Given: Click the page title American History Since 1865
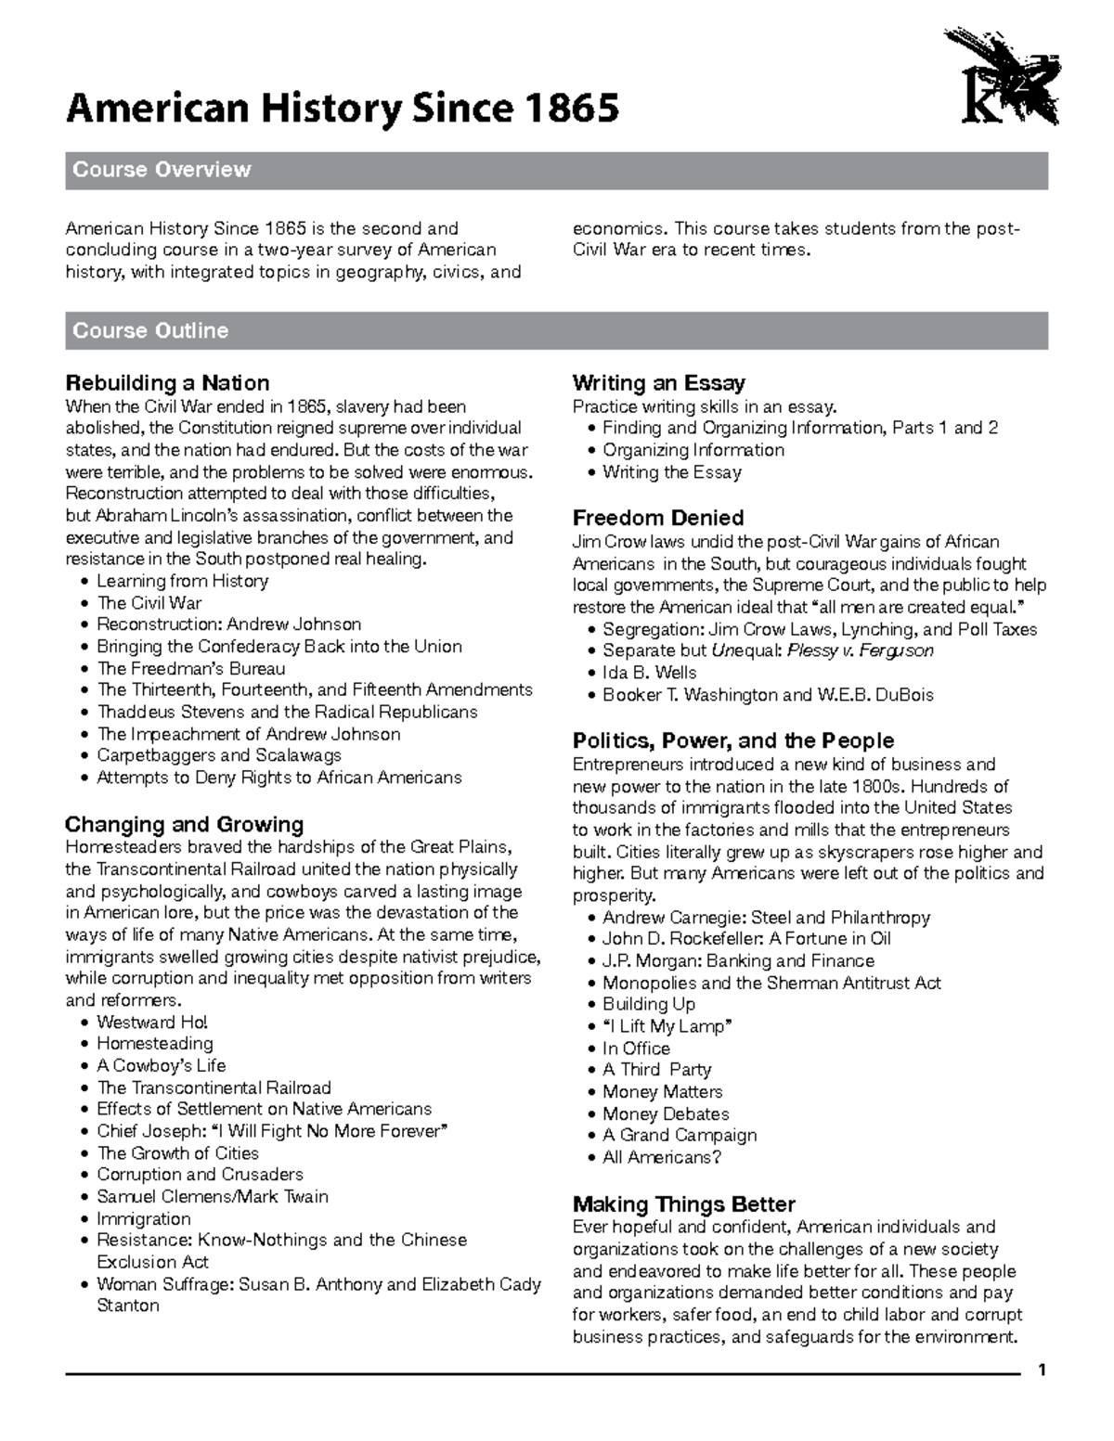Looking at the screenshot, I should pos(342,109).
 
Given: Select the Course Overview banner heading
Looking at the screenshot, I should pos(162,170).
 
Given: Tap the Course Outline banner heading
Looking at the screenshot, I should pos(150,330).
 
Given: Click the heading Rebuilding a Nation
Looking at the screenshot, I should pos(167,383).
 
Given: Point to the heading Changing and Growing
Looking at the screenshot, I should pos(184,825).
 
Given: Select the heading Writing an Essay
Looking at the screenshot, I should pos(658,383).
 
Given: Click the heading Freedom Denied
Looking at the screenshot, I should pos(658,518).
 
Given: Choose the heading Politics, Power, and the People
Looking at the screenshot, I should pos(732,740).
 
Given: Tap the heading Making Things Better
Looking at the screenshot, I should pos(683,1204).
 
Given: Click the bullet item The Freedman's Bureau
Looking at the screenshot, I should pos(191,669).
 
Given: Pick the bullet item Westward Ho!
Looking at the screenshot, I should pos(153,1023).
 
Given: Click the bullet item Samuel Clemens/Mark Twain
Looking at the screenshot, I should pos(213,1197).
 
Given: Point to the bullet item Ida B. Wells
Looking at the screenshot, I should pos(649,673).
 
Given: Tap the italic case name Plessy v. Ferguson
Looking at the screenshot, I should pos(860,650).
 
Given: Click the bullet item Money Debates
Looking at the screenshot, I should pos(666,1113).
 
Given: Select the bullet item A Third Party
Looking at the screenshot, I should pos(656,1070).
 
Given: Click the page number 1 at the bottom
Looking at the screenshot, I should pos(1043,1370).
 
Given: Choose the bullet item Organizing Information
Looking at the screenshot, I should pos(693,450).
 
